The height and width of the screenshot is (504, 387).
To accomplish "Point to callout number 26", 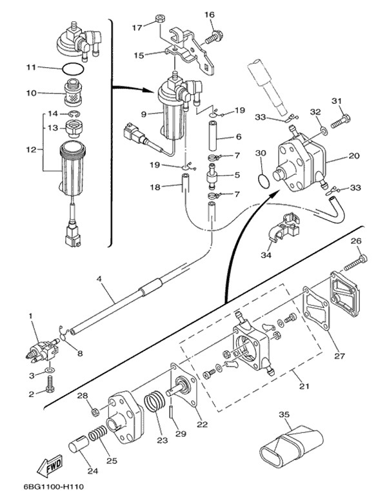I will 355,242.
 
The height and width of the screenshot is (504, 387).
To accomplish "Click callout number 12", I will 31,150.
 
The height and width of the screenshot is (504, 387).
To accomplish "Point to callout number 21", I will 304,386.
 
